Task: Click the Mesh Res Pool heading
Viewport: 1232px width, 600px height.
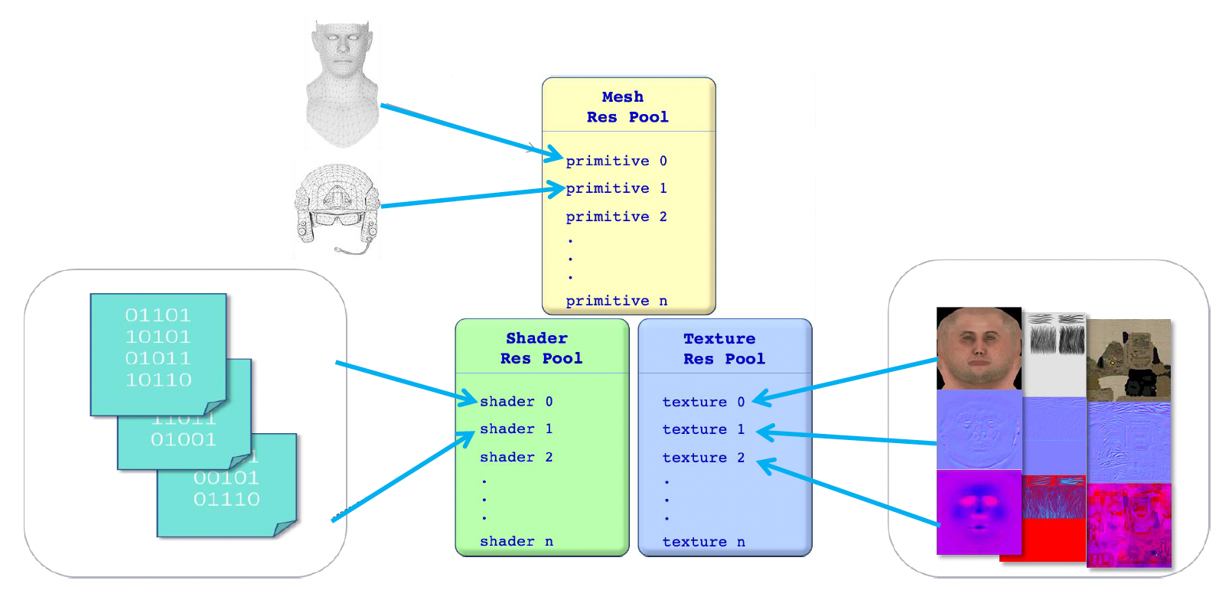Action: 627,107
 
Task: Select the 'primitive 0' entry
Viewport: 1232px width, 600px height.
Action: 616,161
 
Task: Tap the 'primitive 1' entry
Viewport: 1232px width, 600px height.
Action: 616,188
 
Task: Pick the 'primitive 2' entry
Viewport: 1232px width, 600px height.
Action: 616,217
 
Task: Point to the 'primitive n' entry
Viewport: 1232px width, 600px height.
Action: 616,301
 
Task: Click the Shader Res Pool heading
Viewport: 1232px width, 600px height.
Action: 540,348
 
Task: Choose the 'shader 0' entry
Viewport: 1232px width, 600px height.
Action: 516,401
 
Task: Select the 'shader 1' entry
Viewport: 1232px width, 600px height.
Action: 516,429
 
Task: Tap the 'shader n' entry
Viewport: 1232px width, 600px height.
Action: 516,541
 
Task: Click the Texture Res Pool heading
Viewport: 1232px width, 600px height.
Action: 723,348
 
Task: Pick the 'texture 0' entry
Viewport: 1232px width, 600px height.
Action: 703,402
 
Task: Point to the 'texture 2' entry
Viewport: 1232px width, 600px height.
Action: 703,458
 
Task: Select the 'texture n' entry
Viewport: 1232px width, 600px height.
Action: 703,542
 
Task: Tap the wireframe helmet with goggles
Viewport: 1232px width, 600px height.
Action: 337,207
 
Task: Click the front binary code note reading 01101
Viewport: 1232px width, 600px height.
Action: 158,348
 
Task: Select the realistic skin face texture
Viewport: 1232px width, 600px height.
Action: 979,348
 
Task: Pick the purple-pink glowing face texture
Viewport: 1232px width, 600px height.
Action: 979,511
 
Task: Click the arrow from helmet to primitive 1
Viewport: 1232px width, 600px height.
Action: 467,197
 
